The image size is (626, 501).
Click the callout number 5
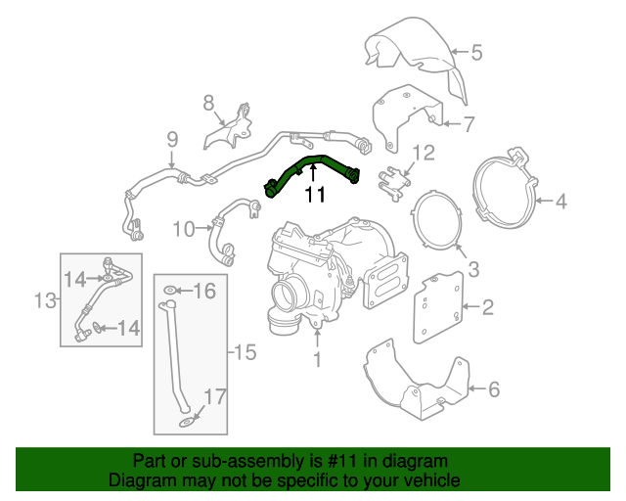point(477,52)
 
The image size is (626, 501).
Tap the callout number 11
point(314,195)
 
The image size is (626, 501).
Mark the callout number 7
point(469,123)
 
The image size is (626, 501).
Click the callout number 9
point(172,138)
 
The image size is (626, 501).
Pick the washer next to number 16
point(170,291)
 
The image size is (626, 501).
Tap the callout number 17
point(215,396)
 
